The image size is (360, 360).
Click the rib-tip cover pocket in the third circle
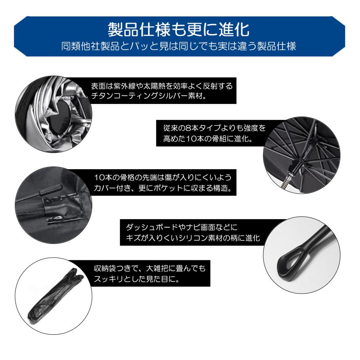60,208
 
